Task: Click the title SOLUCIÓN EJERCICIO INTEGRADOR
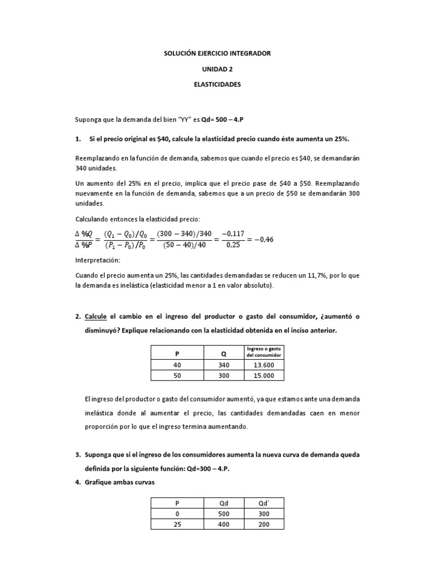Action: [217, 53]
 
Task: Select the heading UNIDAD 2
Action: [217, 69]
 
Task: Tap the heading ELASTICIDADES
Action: [217, 84]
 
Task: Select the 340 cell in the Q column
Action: [224, 365]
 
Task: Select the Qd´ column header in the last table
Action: [263, 504]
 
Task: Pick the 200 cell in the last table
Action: [263, 525]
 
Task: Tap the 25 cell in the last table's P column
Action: [177, 525]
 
